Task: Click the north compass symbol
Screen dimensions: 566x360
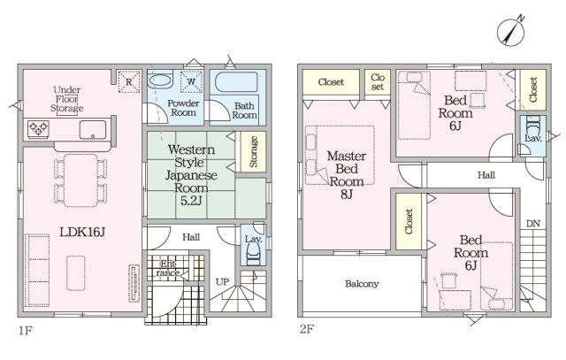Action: (510, 33)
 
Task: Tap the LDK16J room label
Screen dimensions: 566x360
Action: (82, 232)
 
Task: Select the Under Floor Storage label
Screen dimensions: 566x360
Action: (67, 99)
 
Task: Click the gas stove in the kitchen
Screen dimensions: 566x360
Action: (38, 128)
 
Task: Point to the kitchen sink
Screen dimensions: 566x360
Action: (93, 130)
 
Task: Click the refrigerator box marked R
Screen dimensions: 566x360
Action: (129, 81)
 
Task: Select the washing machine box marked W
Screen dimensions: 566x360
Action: (191, 81)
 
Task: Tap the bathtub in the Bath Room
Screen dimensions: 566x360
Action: (236, 82)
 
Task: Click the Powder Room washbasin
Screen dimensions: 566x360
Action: (161, 80)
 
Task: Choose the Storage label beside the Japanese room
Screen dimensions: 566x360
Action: (254, 151)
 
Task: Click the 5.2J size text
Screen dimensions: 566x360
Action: (191, 201)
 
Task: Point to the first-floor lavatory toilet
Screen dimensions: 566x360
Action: (253, 254)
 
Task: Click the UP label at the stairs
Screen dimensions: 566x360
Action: (222, 281)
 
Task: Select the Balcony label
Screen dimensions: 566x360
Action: (362, 284)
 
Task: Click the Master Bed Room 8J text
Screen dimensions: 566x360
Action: (347, 175)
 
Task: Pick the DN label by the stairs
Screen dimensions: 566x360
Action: (532, 224)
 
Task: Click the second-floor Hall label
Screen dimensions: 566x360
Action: (486, 175)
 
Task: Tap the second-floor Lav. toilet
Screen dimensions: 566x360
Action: (532, 124)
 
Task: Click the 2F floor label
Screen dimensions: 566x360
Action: (307, 330)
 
